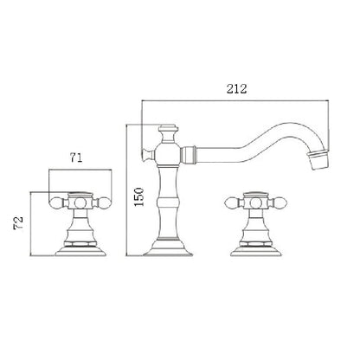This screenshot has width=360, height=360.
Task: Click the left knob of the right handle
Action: pos(231,204)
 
